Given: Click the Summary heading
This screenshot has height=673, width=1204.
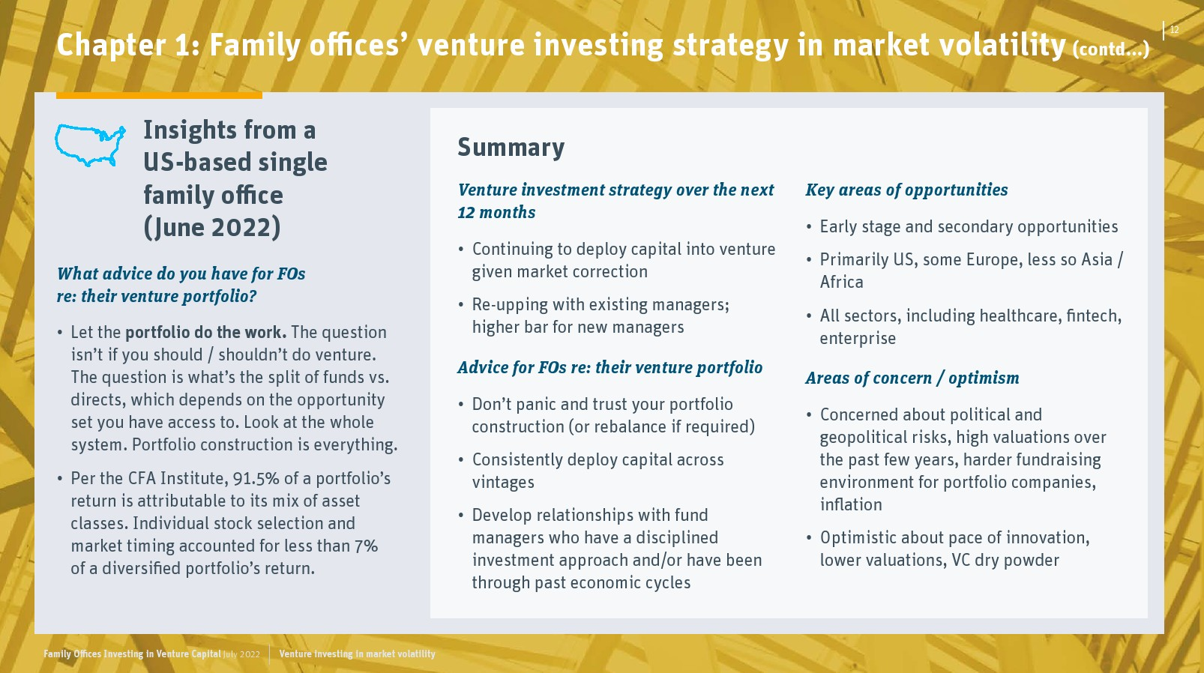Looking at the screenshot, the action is coord(511,147).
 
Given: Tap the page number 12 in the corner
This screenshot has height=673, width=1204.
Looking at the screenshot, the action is coord(1175,30).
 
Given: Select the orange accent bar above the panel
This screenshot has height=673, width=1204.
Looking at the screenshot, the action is coord(159,95).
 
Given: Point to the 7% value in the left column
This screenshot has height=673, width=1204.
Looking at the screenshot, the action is coord(366,546).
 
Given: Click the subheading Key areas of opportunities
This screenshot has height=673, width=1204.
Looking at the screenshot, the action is coord(906,190).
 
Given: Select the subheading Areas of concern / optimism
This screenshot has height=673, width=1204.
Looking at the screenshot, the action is coord(912,378).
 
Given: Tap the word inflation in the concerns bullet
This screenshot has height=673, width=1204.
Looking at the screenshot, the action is coord(851,504).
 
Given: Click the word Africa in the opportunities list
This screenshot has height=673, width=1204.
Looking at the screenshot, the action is coord(841,282).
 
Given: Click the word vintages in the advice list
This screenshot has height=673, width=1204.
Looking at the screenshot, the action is coord(503,483).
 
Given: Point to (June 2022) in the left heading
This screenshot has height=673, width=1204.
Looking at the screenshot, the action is coord(211,227).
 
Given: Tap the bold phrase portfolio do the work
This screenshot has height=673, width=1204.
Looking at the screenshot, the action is coord(206,333).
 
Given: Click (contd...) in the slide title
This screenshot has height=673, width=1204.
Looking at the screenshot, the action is coord(1110,49).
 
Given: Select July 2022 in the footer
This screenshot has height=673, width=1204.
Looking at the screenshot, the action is coord(241,654).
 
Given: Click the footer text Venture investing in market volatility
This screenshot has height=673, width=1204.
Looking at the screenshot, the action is coord(358,654).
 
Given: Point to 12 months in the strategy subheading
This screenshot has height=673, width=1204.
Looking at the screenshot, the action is coord(496,213).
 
